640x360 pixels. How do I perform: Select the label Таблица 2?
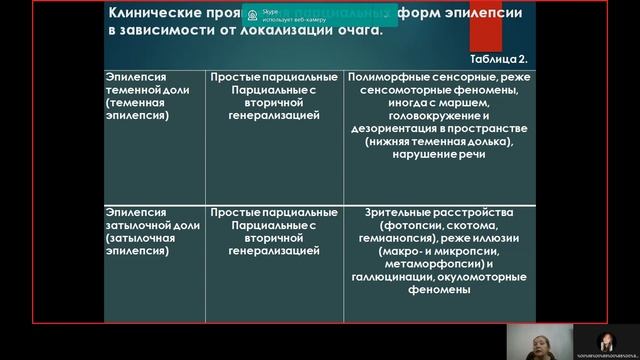pyautogui.click(x=502, y=58)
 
